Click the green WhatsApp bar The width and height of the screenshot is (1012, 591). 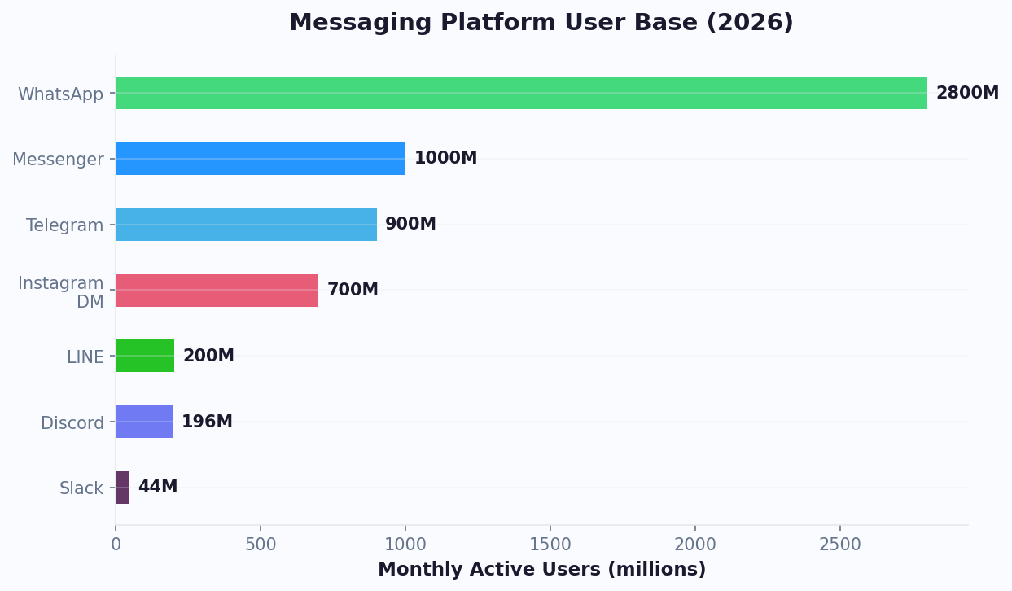coord(521,93)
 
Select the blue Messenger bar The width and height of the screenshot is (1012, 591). coord(261,159)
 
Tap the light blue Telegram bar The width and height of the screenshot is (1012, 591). coord(246,224)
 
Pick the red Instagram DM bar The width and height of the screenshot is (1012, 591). coord(217,290)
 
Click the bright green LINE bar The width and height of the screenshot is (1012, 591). coord(145,356)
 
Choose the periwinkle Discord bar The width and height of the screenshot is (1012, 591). coord(144,422)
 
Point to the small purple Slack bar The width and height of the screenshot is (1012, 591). coord(122,487)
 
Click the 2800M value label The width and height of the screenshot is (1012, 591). coord(967,93)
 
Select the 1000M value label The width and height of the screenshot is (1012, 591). coord(445,159)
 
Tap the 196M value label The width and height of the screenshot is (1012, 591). coord(207,422)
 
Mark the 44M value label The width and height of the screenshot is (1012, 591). coord(157,487)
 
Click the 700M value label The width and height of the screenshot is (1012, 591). coord(353,290)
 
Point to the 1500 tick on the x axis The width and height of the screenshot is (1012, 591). coord(550,545)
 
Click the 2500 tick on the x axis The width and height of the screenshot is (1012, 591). coord(840,545)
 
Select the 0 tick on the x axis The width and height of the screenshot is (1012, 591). coord(116,545)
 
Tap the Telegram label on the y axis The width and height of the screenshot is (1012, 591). coord(64,225)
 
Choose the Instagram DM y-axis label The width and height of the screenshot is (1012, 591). coord(62,292)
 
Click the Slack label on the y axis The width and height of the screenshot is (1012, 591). coord(81,488)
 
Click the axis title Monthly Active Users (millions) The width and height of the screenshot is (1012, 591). coord(541,570)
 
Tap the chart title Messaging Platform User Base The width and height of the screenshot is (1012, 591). coord(541,23)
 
